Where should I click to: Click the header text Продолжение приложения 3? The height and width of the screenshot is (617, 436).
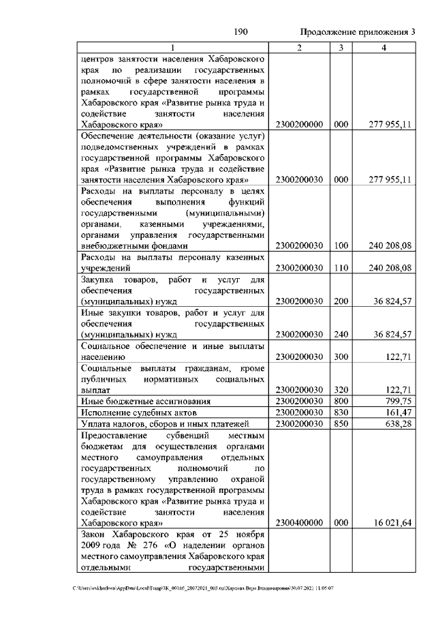point(357,32)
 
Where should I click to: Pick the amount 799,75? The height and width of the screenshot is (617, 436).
point(399,401)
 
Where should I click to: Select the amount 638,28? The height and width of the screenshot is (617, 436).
point(399,424)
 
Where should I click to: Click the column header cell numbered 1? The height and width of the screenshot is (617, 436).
point(172,47)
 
